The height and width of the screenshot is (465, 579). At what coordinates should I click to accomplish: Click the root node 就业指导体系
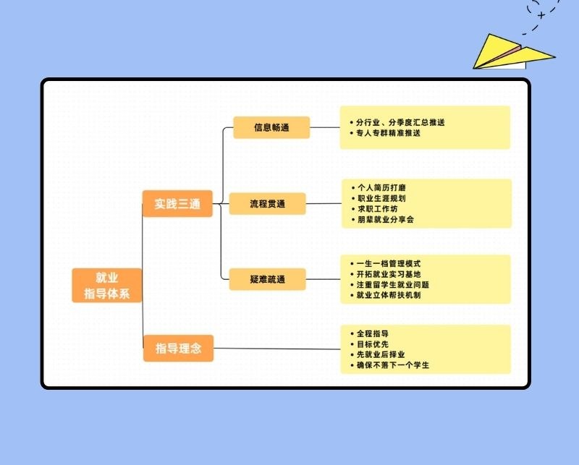click(x=106, y=285)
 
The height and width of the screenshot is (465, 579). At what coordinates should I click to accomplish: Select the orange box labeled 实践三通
click(x=177, y=204)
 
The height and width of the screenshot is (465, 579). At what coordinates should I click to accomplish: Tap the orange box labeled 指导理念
click(x=178, y=349)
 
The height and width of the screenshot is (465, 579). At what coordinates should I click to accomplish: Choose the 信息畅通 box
click(x=271, y=127)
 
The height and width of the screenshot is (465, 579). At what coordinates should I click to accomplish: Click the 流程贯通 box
click(x=267, y=204)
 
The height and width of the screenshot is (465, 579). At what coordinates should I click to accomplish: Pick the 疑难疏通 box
click(x=267, y=279)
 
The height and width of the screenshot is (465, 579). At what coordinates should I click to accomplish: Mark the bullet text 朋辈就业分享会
click(x=386, y=218)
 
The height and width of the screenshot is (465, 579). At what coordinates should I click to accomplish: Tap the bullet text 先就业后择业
click(x=381, y=354)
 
